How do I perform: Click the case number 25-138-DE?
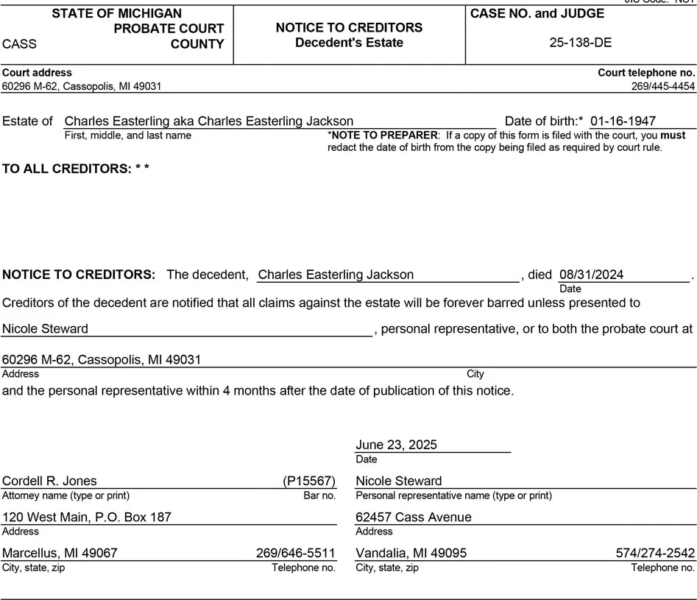pyautogui.click(x=580, y=43)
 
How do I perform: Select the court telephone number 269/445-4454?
pyautogui.click(x=662, y=86)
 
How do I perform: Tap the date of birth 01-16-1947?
pyautogui.click(x=623, y=121)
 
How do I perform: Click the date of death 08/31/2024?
pyautogui.click(x=591, y=275)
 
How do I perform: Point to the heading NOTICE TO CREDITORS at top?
pyautogui.click(x=349, y=28)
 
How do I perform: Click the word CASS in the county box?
pyautogui.click(x=20, y=44)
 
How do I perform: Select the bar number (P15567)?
pyautogui.click(x=309, y=481)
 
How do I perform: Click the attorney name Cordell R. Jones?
pyautogui.click(x=49, y=481)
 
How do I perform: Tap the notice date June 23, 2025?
pyautogui.click(x=396, y=445)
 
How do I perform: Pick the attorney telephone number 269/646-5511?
pyautogui.click(x=296, y=553)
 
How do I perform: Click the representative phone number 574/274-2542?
pyautogui.click(x=655, y=553)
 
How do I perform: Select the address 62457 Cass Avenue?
pyautogui.click(x=413, y=517)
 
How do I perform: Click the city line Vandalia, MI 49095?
pyautogui.click(x=411, y=553)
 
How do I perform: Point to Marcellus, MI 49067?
pyautogui.click(x=60, y=553)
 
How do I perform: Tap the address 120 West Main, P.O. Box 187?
pyautogui.click(x=87, y=517)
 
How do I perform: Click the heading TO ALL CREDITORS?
pyautogui.click(x=76, y=169)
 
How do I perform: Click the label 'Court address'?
pyautogui.click(x=37, y=73)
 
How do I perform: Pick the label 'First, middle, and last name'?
pyautogui.click(x=127, y=135)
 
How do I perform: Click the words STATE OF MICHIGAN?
pyautogui.click(x=116, y=13)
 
